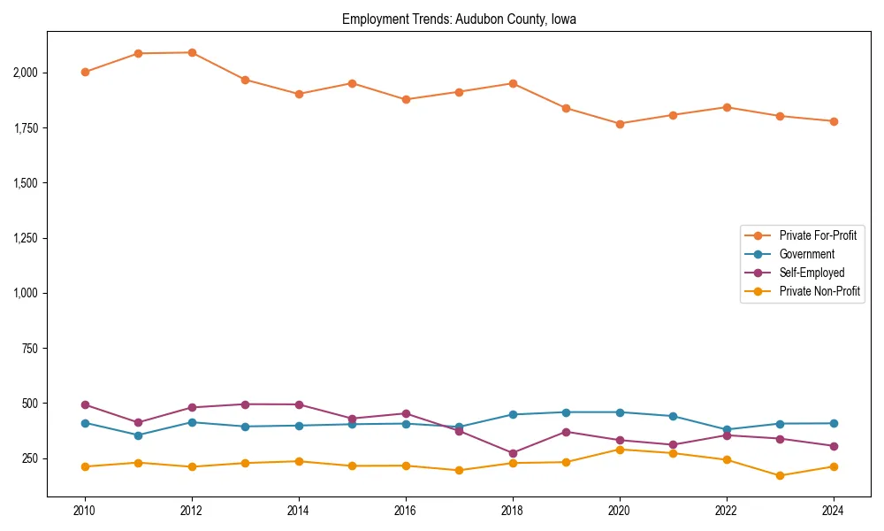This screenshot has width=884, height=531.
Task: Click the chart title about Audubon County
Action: click(x=459, y=19)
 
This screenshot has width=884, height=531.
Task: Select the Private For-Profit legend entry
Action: click(x=818, y=235)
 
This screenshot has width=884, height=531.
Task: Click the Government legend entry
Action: click(x=806, y=254)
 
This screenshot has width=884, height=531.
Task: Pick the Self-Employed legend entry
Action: click(x=812, y=273)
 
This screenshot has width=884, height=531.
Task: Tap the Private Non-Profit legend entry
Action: click(x=819, y=291)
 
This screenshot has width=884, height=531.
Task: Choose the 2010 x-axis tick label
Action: click(x=85, y=511)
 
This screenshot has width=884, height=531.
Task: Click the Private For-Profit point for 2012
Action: click(x=192, y=52)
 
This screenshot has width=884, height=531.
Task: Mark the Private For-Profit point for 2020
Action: click(x=620, y=124)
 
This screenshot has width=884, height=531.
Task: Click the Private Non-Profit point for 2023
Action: click(x=780, y=476)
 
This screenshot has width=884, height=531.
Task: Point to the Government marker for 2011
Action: click(x=138, y=435)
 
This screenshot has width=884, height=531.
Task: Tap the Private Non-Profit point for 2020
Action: click(x=620, y=450)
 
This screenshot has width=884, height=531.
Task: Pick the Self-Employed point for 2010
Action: click(x=85, y=404)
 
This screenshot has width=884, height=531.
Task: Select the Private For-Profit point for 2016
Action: click(x=406, y=99)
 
